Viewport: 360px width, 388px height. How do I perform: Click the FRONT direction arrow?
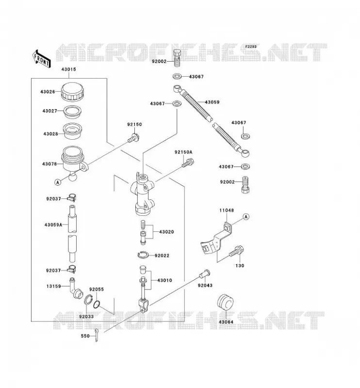(x=41, y=58)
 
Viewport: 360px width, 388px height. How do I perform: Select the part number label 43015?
(x=68, y=69)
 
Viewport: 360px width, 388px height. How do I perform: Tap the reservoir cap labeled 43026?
(x=73, y=92)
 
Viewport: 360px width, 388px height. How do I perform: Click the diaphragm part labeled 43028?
(x=72, y=131)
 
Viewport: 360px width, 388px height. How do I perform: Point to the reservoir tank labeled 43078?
(x=74, y=162)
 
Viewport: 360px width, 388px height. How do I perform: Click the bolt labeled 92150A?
(x=188, y=163)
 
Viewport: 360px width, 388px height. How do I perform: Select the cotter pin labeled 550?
(x=97, y=335)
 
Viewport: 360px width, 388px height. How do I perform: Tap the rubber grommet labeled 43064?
(x=226, y=302)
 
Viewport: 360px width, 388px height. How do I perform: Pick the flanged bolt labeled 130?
(x=236, y=251)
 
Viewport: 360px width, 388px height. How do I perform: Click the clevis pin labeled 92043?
(x=205, y=273)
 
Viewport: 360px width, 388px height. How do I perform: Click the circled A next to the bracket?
(x=246, y=217)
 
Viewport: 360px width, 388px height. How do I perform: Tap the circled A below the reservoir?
(x=58, y=182)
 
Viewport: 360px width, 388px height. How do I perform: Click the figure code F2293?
(x=251, y=47)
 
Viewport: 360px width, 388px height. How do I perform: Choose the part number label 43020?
(x=166, y=232)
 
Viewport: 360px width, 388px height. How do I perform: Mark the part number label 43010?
(x=164, y=280)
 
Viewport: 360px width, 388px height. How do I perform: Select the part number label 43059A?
(x=53, y=225)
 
